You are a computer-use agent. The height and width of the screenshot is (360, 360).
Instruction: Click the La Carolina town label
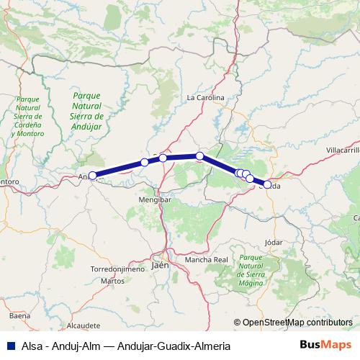tap(206, 97)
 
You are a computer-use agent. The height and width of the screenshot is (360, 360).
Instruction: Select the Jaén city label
tap(161, 266)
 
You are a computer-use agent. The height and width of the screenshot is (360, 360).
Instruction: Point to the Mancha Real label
tap(206, 258)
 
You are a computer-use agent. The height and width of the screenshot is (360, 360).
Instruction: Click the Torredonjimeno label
tap(117, 269)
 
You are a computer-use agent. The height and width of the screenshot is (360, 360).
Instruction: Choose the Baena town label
tap(20, 315)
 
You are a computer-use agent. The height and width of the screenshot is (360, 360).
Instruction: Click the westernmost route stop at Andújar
tap(92, 175)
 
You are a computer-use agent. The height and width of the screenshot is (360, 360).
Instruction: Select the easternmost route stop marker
tap(268, 185)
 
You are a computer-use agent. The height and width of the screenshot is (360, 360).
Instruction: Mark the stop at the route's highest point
tap(199, 156)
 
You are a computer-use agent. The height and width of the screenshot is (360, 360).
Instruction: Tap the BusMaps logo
tap(330, 346)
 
